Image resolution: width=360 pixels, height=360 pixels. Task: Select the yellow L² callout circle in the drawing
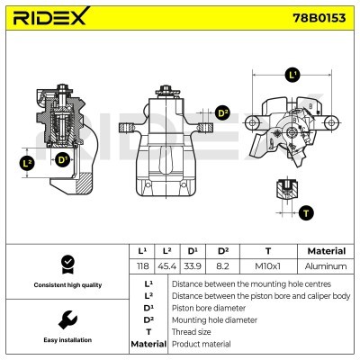[x=28, y=163]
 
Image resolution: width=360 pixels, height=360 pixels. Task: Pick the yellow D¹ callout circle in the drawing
[x=62, y=160]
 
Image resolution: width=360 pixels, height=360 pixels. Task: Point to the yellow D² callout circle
[x=223, y=113]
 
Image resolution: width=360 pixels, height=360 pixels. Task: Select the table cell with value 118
[x=142, y=266]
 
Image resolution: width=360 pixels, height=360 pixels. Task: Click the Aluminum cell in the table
[x=326, y=266]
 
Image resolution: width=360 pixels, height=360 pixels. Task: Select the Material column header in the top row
[x=326, y=251]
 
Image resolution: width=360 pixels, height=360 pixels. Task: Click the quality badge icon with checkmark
[x=67, y=263]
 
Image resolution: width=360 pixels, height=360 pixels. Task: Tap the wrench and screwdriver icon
[x=67, y=319]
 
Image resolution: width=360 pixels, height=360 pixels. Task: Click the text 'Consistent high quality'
[x=67, y=285]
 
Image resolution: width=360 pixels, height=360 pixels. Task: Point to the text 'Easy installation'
[x=67, y=341]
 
